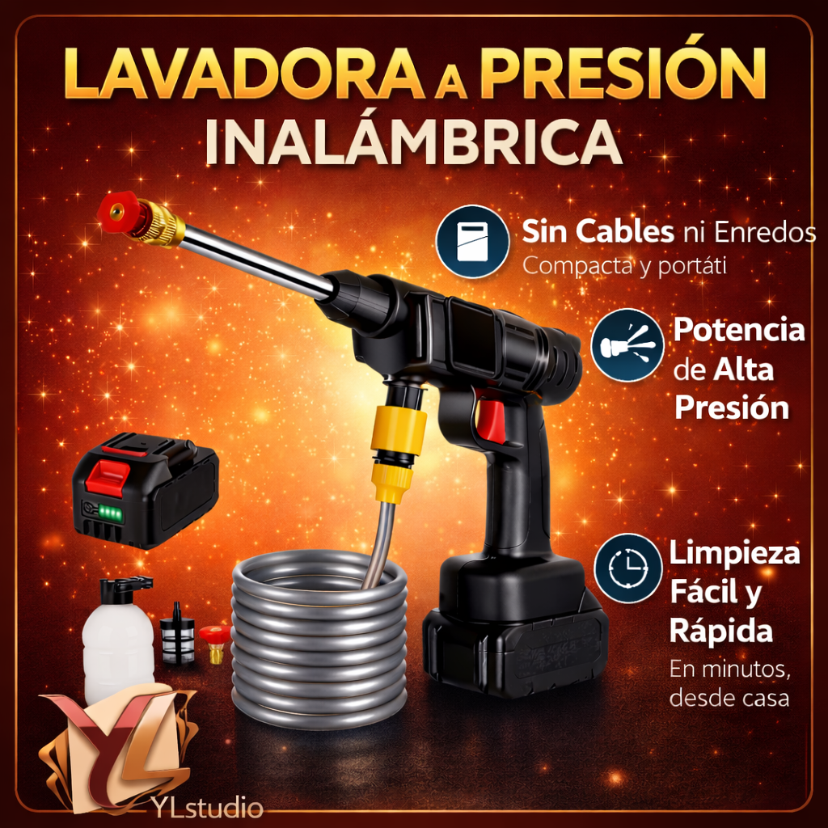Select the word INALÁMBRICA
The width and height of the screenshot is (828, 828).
click(413, 144)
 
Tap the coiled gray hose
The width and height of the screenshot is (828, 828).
click(319, 639)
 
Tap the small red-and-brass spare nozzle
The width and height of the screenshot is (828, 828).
click(214, 641)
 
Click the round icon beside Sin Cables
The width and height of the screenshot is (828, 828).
click(471, 242)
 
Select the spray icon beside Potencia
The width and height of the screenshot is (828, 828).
click(627, 345)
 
